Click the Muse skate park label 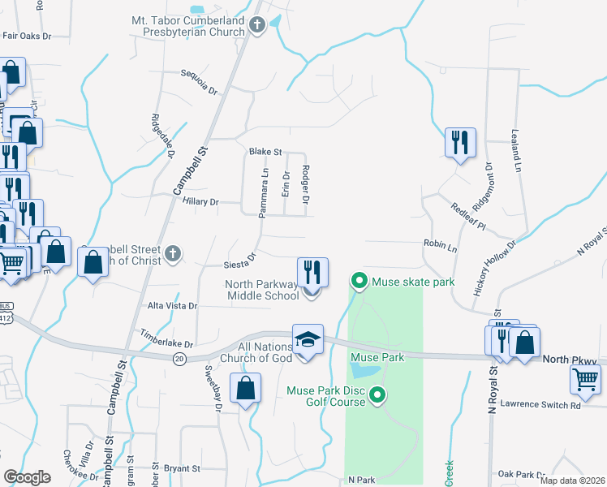click(412, 282)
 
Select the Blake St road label click(265, 152)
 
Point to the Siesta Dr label click(239, 261)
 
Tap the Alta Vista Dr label click(172, 306)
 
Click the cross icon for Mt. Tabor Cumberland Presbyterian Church click(257, 25)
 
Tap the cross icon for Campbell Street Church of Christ click(172, 255)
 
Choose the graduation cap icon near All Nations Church click(308, 341)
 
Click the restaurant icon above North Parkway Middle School click(312, 272)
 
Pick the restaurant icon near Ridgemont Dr click(459, 143)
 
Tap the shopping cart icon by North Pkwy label click(585, 378)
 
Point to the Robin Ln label click(440, 243)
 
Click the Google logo click(28, 477)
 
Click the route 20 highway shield click(180, 358)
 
